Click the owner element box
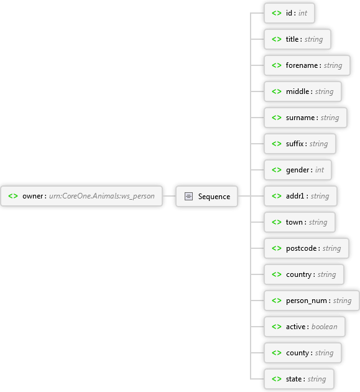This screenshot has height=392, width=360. coord(81,196)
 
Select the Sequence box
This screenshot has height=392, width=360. coord(206,196)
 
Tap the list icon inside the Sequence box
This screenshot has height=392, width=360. coord(188,196)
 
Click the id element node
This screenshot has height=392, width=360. coord(289,13)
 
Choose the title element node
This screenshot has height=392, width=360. coord(298,39)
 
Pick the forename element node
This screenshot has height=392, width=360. coord(307,65)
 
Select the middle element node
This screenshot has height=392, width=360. coord(303,91)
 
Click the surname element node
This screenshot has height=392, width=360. coord(305,118)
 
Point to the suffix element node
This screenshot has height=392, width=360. coord(300,144)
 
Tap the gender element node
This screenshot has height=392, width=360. coord(298,170)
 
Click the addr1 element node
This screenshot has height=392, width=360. coord(300,196)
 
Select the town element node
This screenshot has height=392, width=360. coord(300,222)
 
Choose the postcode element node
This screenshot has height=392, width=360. coord(307,248)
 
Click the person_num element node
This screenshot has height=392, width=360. coord(312,301)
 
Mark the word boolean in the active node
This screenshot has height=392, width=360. coord(325,327)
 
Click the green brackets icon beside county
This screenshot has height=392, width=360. coord(277,353)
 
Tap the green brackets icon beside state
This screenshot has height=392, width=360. coord(277,379)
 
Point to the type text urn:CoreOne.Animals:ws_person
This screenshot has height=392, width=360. coord(102,196)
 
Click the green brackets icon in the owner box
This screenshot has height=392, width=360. coord(13,196)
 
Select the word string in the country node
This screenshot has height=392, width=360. coord(326,275)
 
